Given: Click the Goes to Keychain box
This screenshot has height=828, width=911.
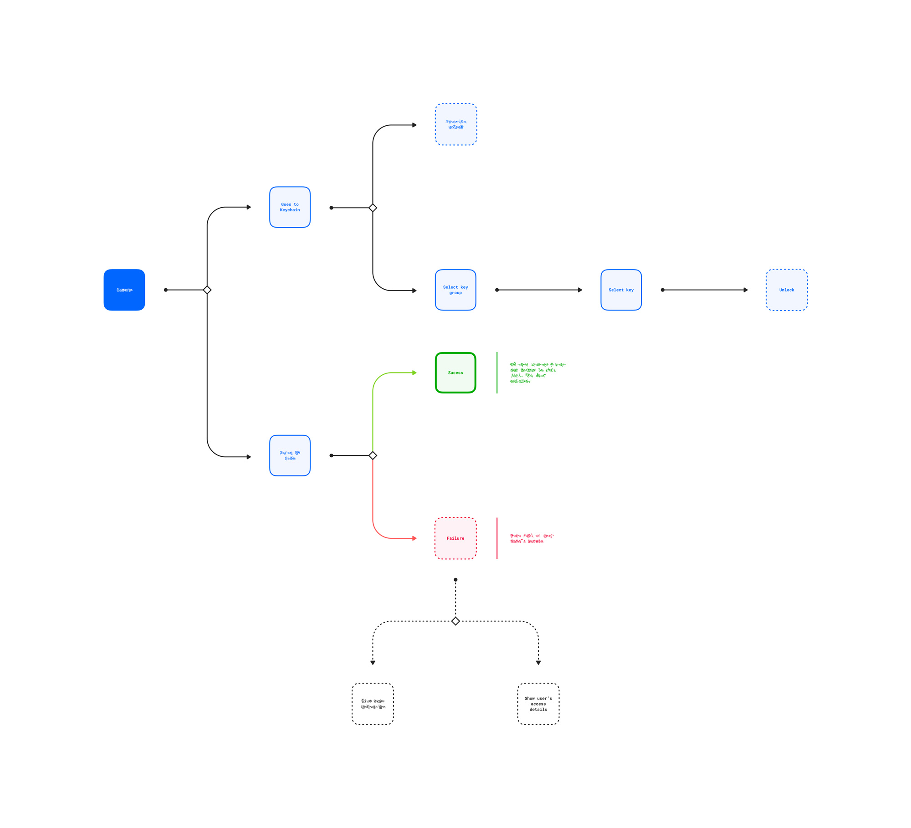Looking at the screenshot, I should pyautogui.click(x=290, y=207).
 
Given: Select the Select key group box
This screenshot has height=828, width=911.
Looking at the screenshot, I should pyautogui.click(x=455, y=290).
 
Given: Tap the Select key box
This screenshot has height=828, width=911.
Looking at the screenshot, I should pyautogui.click(x=621, y=290).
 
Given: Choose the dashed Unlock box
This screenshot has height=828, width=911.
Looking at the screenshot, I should pyautogui.click(x=787, y=290).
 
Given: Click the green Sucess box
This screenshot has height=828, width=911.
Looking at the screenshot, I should pyautogui.click(x=455, y=373).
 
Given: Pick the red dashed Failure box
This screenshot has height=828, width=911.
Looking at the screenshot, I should pyautogui.click(x=455, y=538).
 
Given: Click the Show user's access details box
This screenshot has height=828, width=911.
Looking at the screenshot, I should pyautogui.click(x=538, y=704).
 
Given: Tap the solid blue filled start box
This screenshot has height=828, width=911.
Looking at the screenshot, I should pyautogui.click(x=124, y=290).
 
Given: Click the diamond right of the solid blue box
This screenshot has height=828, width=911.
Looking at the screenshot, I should pyautogui.click(x=207, y=290).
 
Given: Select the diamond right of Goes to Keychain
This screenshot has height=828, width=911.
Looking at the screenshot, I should pyautogui.click(x=373, y=208).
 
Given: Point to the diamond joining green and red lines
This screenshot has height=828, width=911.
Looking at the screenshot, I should pyautogui.click(x=373, y=455).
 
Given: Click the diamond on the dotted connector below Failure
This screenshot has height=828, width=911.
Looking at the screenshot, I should pyautogui.click(x=455, y=621).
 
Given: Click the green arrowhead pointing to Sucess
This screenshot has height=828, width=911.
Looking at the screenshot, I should pyautogui.click(x=415, y=373).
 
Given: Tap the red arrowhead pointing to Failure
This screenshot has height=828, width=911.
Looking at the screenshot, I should pyautogui.click(x=415, y=538).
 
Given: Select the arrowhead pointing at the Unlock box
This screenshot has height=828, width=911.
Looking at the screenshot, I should pyautogui.click(x=746, y=290).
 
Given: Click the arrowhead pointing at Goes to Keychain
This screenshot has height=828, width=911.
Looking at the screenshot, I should pyautogui.click(x=249, y=207).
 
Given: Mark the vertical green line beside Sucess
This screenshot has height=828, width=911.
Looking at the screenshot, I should pyautogui.click(x=497, y=373).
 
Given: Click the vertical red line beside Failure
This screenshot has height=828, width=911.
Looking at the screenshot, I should pyautogui.click(x=497, y=538).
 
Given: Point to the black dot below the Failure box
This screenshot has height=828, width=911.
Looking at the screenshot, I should pyautogui.click(x=455, y=580).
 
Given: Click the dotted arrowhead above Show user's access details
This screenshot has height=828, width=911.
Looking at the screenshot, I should pyautogui.click(x=538, y=663).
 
